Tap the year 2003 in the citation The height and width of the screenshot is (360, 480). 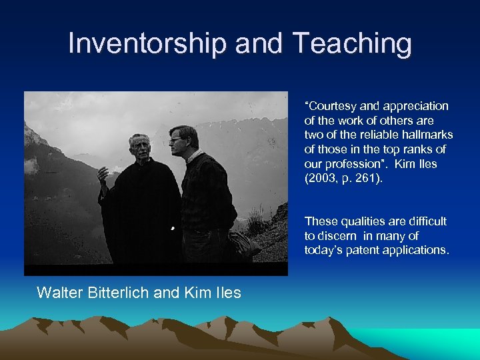pyautogui.click(x=321, y=178)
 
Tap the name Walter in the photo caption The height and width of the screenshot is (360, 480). pyautogui.click(x=58, y=292)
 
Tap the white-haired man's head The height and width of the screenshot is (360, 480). pyautogui.click(x=141, y=147)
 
